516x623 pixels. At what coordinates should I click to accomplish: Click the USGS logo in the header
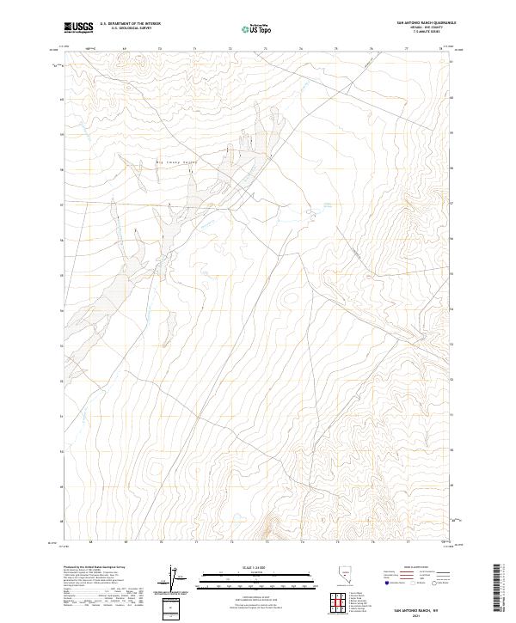click(x=79, y=28)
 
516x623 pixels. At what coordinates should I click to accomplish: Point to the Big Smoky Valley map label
click(x=175, y=162)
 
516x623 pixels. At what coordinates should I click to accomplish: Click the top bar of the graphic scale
click(x=249, y=574)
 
